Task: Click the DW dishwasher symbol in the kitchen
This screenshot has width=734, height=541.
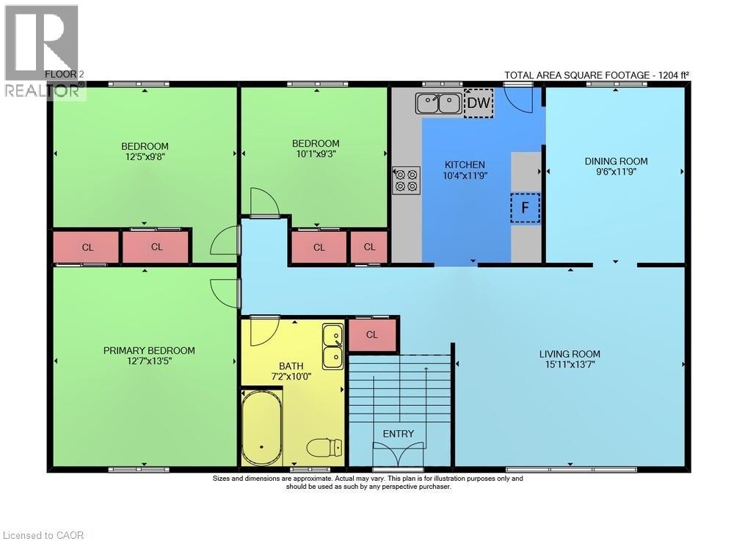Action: (479, 103)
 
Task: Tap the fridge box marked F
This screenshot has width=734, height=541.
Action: (526, 207)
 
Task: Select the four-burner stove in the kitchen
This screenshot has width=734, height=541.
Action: (406, 181)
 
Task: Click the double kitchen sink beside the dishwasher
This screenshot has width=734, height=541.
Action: (438, 104)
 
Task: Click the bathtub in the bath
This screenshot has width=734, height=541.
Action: (262, 426)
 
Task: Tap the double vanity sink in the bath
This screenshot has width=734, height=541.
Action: (333, 346)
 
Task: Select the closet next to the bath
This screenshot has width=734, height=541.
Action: (373, 335)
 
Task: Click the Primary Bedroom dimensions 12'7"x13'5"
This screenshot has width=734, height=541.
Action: (148, 361)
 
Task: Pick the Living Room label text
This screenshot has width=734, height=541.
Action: (570, 355)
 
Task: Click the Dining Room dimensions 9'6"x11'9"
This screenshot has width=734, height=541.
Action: (616, 172)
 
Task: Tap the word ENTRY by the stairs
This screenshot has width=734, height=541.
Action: (399, 434)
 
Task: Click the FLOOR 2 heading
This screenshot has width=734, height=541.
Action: (65, 74)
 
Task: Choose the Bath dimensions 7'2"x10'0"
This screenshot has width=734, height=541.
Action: (291, 377)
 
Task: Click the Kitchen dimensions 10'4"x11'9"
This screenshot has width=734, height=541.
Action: (465, 176)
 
